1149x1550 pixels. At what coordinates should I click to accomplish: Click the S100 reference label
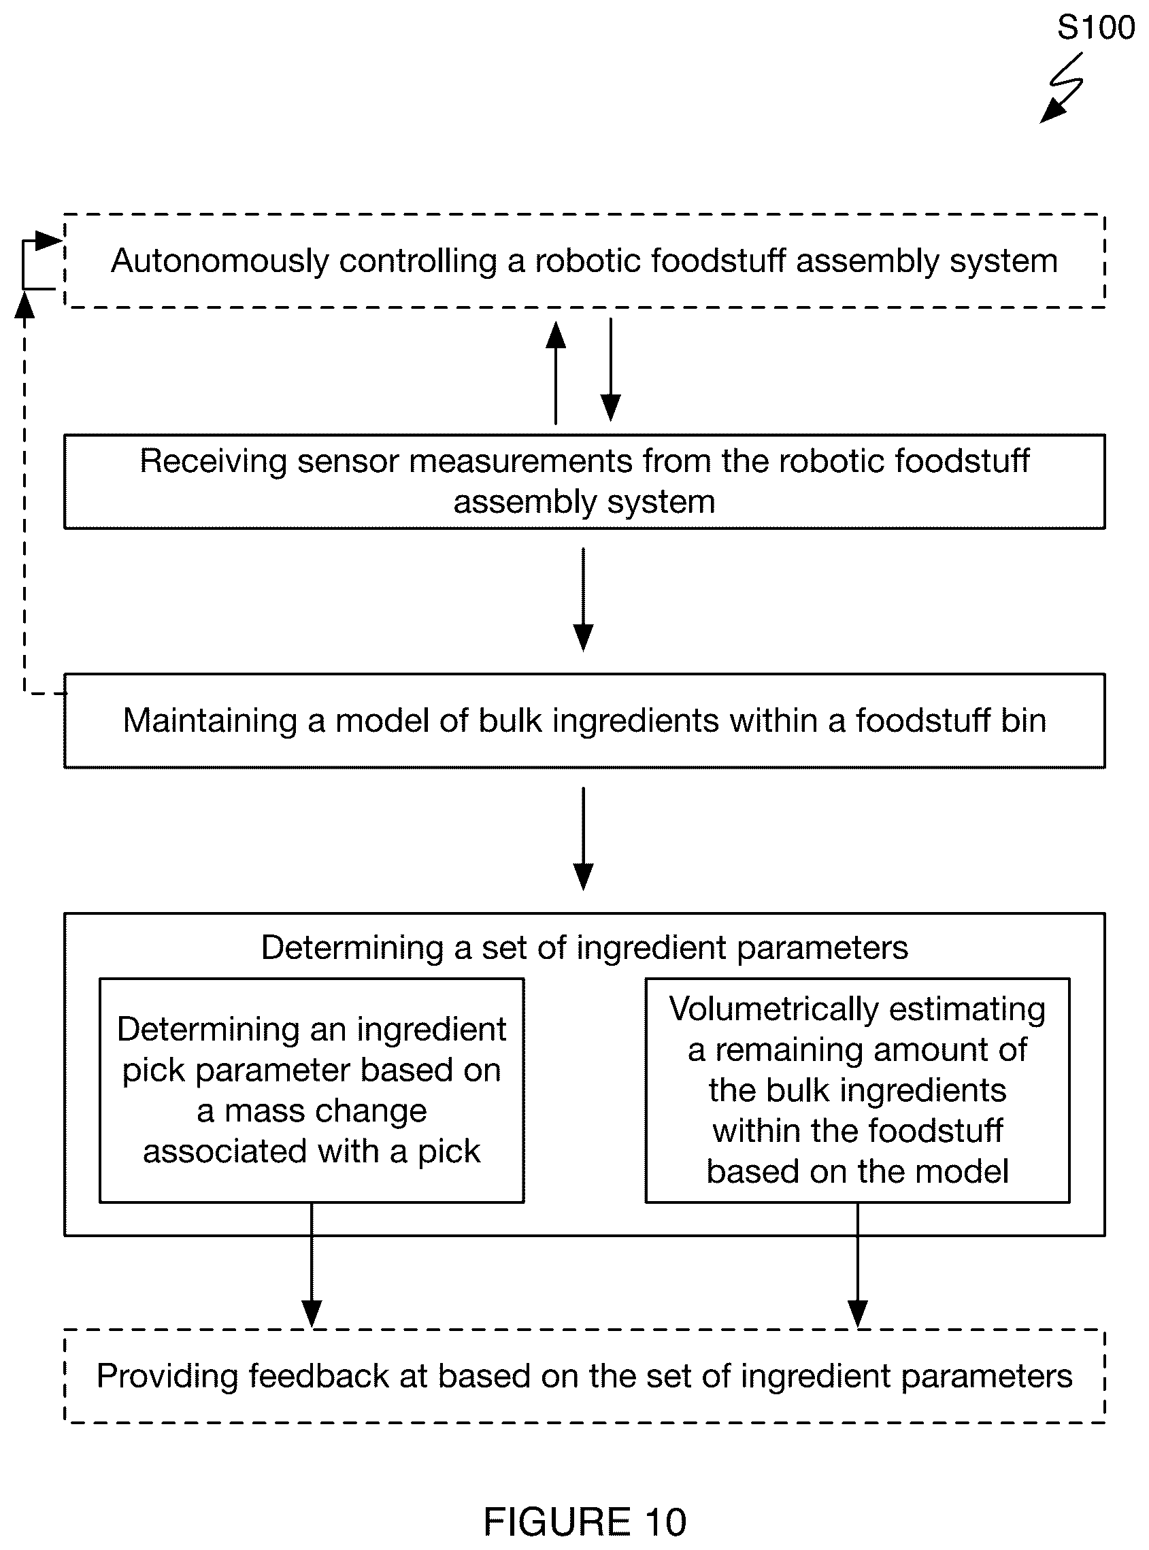coord(1095,28)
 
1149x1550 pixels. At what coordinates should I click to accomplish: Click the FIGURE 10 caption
coord(584,1521)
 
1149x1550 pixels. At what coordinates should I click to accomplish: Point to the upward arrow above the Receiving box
coord(555,372)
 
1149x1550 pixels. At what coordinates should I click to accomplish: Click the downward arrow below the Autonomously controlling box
coord(610,370)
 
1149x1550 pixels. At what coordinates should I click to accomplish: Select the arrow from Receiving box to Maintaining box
coord(583,599)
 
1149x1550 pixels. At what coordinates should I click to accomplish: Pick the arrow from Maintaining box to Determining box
coord(583,839)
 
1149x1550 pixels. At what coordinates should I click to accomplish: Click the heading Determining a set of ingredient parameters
coord(584,947)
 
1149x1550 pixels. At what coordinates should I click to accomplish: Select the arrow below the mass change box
coord(312,1265)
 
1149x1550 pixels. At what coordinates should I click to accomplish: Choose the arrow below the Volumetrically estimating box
coord(858,1265)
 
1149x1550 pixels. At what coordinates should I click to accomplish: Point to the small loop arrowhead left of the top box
coord(50,241)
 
